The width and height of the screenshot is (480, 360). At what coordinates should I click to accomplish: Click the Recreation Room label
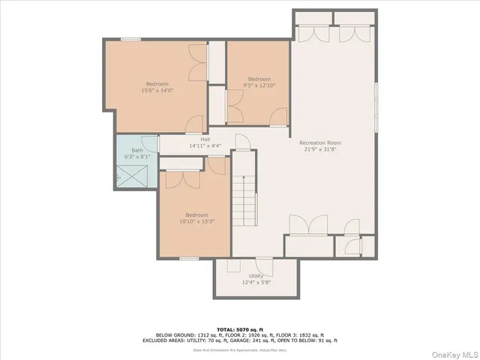point(320,142)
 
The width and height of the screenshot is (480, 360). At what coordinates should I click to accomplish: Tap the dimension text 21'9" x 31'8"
point(320,150)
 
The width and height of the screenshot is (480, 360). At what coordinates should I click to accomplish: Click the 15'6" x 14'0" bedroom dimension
point(157,91)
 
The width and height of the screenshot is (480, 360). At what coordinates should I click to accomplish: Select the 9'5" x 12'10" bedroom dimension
point(259,85)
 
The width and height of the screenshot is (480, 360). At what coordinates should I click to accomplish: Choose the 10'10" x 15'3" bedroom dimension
point(193,221)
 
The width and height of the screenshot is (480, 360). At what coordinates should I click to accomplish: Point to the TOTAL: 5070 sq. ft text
point(240,329)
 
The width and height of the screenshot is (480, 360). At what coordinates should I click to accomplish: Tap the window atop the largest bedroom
point(130,39)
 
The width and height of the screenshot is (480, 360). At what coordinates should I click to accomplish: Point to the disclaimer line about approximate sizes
point(240,349)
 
